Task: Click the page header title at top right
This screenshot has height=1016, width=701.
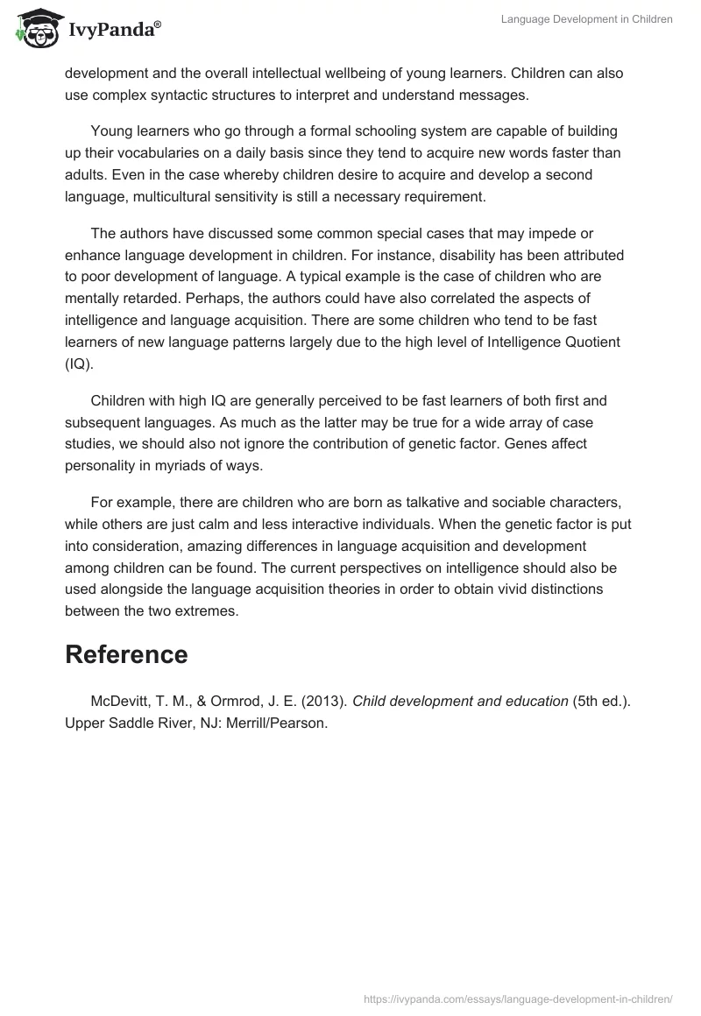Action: (586, 19)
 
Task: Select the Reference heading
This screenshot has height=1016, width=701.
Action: (126, 654)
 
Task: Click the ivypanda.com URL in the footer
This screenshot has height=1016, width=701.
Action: (518, 998)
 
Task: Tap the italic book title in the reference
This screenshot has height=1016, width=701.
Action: (460, 701)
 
